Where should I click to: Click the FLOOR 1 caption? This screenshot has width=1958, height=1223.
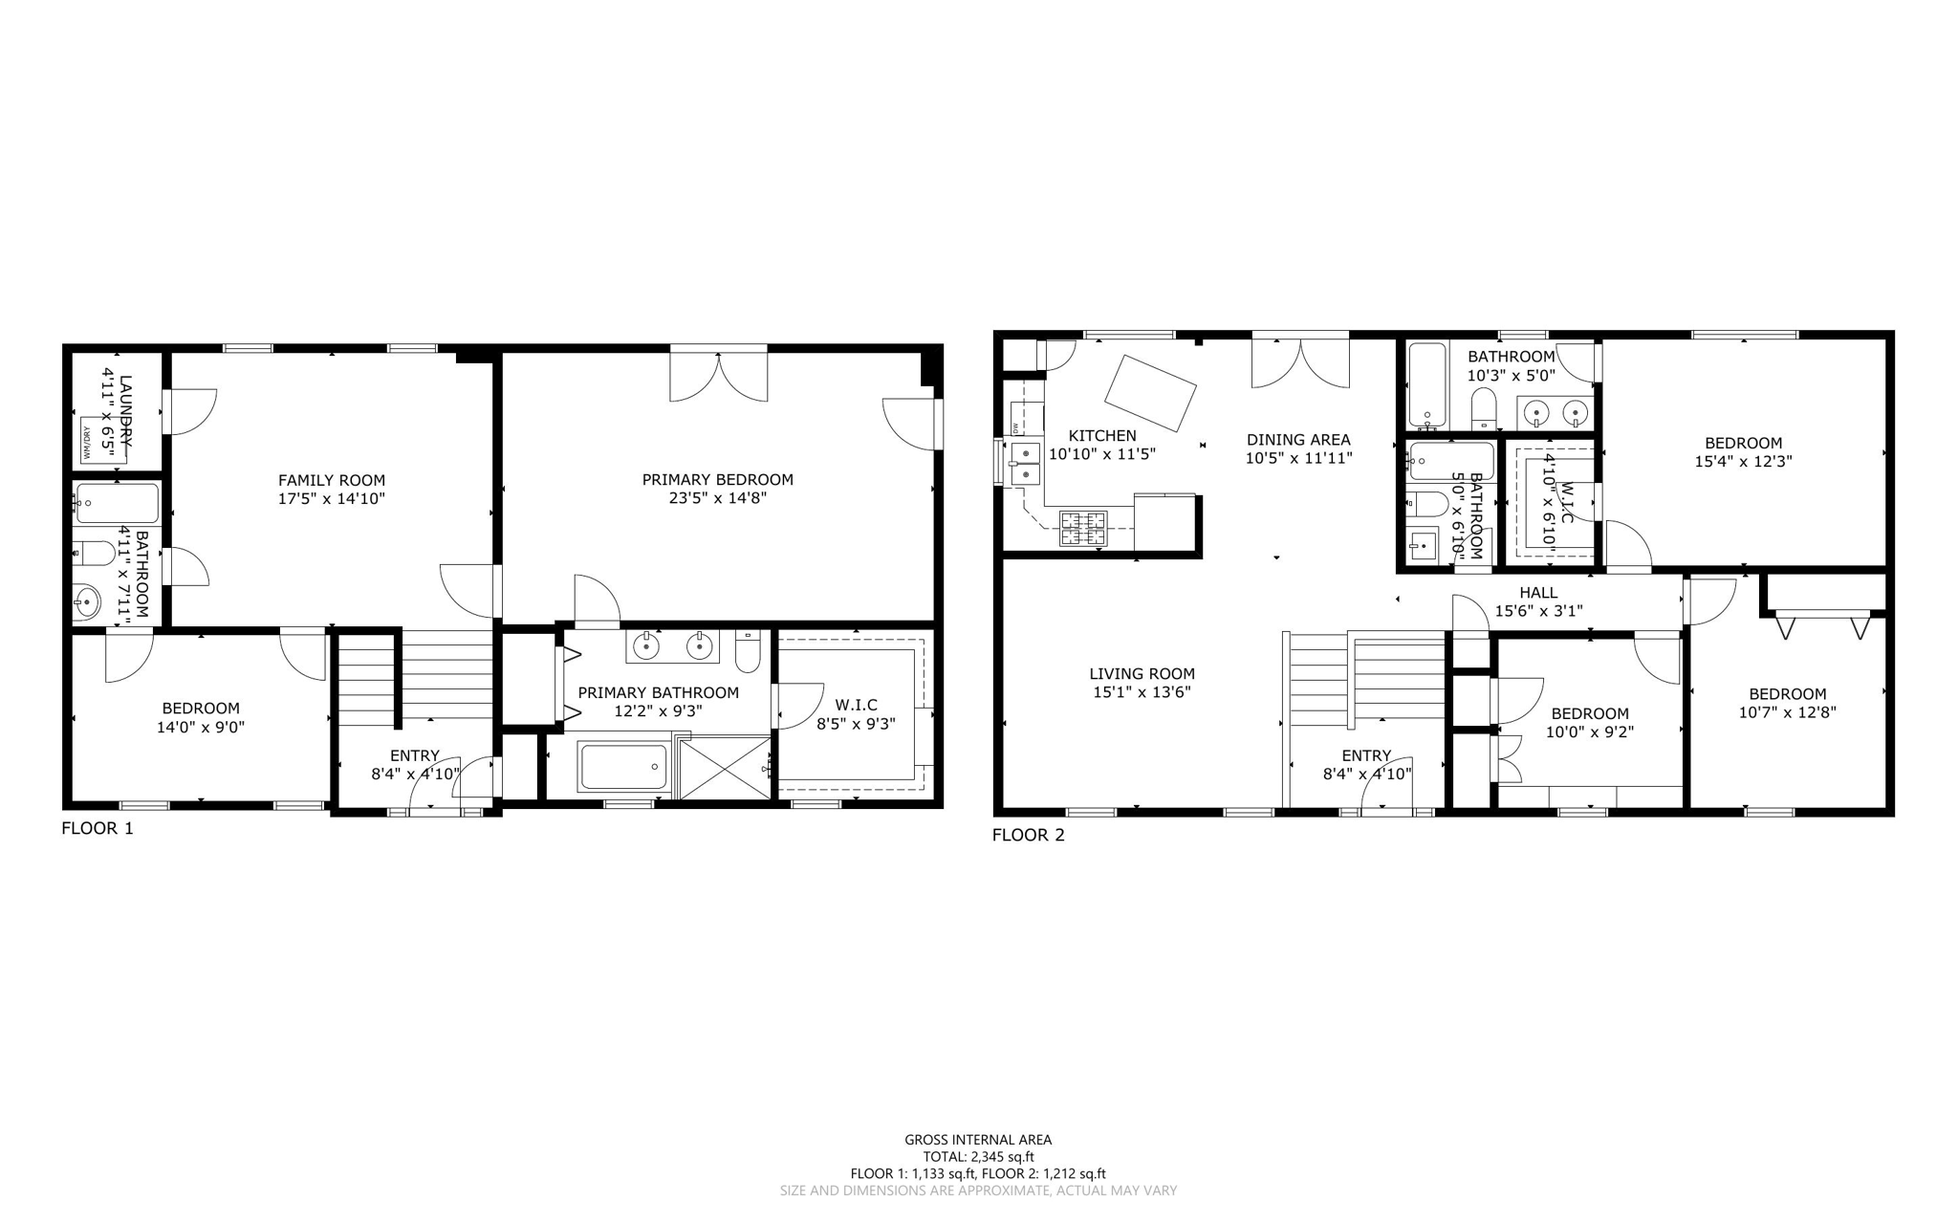tap(98, 828)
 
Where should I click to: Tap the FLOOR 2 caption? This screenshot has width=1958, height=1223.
tap(1028, 835)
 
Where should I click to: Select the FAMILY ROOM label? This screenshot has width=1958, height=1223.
tap(331, 481)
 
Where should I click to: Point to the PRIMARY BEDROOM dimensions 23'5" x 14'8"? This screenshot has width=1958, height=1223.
tap(717, 498)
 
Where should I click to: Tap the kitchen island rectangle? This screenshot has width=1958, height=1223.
tap(1150, 393)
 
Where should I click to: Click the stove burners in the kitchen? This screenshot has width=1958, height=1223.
tap(1082, 529)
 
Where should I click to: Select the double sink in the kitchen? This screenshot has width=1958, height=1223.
tap(1026, 463)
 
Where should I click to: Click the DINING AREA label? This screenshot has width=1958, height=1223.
tap(1298, 440)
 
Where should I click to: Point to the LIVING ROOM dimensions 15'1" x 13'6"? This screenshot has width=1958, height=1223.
tap(1142, 692)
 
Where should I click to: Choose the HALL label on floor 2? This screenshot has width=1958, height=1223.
tap(1537, 593)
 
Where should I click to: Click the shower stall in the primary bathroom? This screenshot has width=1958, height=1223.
tap(725, 766)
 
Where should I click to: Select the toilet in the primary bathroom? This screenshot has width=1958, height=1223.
tap(748, 653)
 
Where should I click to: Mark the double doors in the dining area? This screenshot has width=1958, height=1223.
tap(1299, 363)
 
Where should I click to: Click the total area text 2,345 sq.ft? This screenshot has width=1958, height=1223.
tap(978, 1156)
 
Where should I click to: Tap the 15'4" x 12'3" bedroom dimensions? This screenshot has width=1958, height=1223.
tap(1743, 461)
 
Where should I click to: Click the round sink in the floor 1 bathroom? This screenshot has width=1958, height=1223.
tap(87, 602)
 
